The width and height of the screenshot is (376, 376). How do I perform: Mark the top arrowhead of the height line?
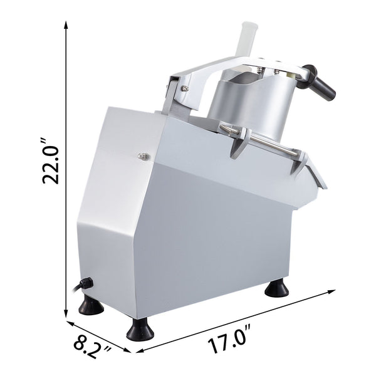click(67, 23)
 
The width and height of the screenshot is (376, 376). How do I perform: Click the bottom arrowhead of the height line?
click(67, 316)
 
